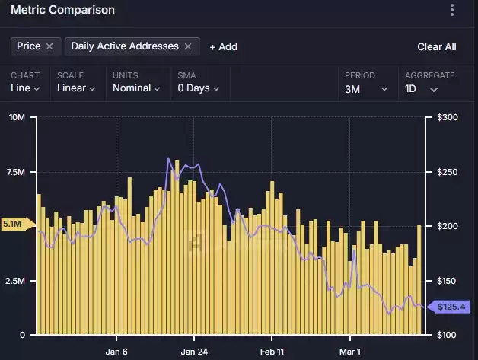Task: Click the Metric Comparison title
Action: point(63,10)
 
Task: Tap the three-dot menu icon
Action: point(452,10)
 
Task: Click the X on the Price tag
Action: point(49,46)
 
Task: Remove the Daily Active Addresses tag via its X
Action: point(188,46)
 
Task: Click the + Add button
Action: point(224,47)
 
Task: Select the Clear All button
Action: point(437,47)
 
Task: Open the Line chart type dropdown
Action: point(25,88)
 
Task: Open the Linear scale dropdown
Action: point(76,88)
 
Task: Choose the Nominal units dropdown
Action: point(136,88)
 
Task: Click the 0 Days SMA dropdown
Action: point(199,88)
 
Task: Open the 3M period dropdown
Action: point(366,89)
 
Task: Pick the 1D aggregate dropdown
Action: point(422,89)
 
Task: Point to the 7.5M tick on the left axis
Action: point(16,172)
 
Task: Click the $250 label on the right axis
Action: point(448,172)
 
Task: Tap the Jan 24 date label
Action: point(194,352)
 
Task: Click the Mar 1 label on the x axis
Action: point(350,352)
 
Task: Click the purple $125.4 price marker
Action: point(448,307)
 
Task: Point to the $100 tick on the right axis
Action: point(448,335)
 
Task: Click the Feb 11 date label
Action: point(272,352)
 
